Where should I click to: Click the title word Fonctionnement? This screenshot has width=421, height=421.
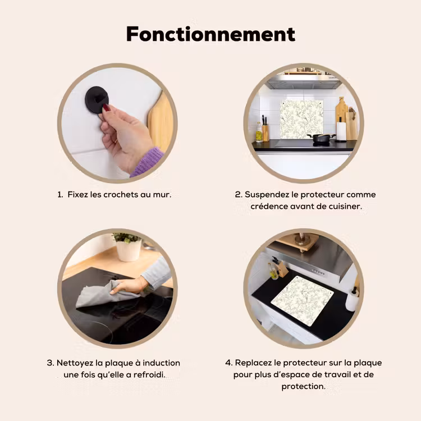pos(210,34)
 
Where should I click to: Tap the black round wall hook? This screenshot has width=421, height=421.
pos(97,99)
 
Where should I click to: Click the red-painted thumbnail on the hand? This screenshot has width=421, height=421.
pos(107,108)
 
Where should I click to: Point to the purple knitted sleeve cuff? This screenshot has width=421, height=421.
pos(147,162)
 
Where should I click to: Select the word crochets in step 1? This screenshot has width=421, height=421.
pos(122,194)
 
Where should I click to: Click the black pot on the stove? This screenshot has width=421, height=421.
pos(321,138)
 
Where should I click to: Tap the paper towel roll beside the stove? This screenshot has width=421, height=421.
pos(341,131)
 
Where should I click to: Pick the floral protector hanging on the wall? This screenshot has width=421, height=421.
pos(302,120)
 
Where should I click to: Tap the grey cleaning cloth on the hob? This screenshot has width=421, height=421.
pos(107,294)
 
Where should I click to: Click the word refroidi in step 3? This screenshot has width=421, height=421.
pos(149,374)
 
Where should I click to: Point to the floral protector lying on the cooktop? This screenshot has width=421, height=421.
pos(302,301)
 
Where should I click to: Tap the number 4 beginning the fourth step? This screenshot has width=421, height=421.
pos(228,363)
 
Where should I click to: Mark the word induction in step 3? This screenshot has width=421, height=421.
pos(161,363)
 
